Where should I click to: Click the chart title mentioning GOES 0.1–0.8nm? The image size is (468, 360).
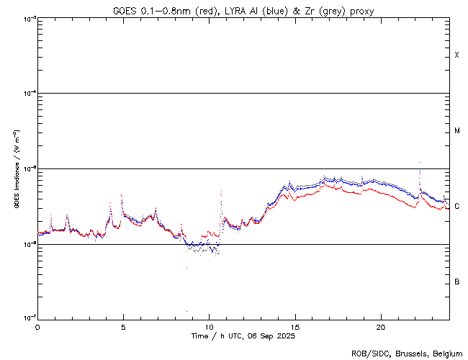(243, 9)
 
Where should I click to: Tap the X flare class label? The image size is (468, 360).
(457, 55)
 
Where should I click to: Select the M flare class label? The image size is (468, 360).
(457, 130)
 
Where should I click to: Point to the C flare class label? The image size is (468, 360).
(457, 206)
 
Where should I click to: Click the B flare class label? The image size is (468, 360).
(457, 281)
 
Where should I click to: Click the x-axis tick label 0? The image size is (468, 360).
(37, 326)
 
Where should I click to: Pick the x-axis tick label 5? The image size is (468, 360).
(123, 326)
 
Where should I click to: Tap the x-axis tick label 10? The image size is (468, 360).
(209, 326)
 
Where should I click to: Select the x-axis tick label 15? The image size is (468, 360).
(295, 326)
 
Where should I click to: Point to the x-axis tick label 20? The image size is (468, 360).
(381, 326)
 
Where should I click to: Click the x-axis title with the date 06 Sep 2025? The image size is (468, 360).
(243, 336)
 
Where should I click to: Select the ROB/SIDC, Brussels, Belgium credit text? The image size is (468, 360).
(406, 353)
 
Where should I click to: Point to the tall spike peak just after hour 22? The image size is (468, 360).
(419, 163)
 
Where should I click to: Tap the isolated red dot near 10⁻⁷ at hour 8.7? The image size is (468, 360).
(186, 312)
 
